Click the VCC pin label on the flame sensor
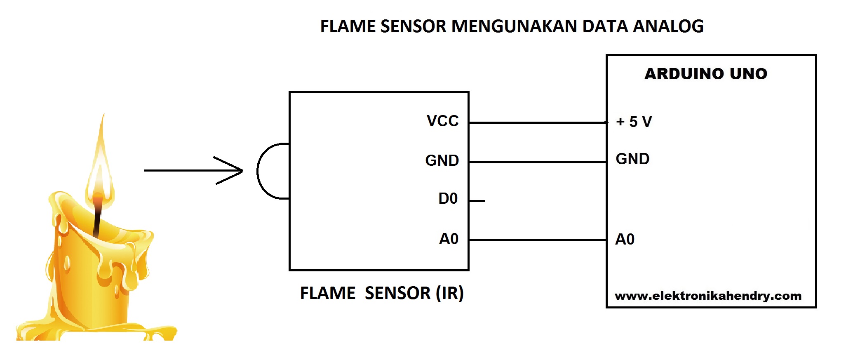pos(442,121)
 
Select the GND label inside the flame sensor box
pos(442,160)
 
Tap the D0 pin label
pos(448,199)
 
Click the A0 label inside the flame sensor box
pos(449,239)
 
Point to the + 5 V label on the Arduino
pos(634,122)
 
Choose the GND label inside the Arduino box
pos(632,159)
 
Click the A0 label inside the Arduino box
pos(625,239)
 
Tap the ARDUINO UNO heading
pos(706,74)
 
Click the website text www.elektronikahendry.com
pos(708,296)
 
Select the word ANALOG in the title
pos(668,26)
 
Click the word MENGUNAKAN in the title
pos(514,26)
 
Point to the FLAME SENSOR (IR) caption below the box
pos(382,293)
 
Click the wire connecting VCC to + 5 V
pos(536,122)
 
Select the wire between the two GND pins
pos(536,162)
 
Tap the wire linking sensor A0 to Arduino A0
pos(536,240)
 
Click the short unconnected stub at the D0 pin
pos(477,201)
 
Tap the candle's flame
pos(100,165)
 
